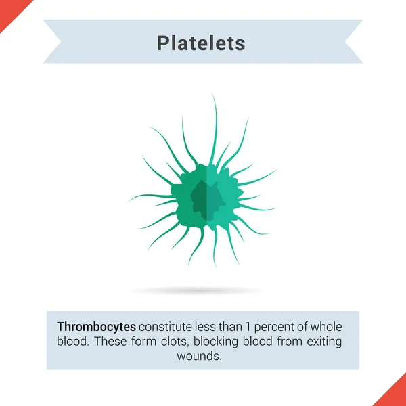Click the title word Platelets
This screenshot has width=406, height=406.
[201, 43]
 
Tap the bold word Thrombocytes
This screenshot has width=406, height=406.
[97, 325]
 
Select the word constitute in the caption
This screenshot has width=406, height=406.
[165, 325]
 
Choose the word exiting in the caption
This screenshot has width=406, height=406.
[323, 341]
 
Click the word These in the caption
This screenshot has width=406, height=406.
[110, 341]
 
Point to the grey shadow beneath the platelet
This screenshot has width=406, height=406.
[196, 290]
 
